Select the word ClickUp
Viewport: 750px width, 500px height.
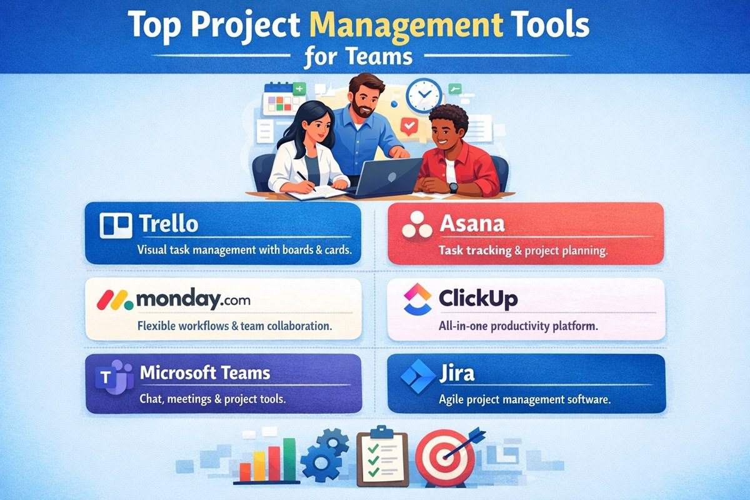(478, 299)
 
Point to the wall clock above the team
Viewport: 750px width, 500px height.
(424, 94)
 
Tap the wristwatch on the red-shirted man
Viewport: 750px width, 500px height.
(453, 187)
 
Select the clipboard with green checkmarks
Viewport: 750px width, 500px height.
(381, 459)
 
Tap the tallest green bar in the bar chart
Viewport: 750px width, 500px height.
(289, 459)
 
